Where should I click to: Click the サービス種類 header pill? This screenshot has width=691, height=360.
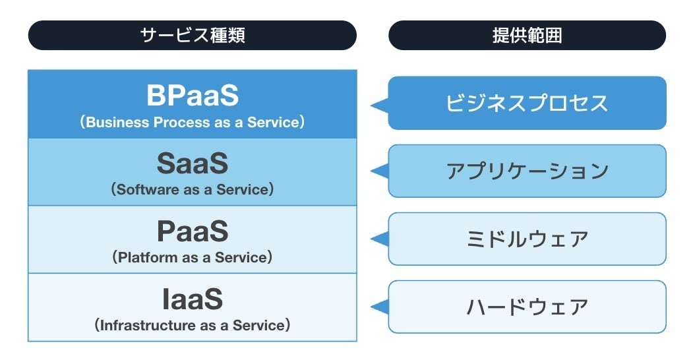coord(192,35)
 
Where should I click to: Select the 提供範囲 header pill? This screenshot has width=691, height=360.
coord(527,35)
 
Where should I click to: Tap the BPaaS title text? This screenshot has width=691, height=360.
coord(192,96)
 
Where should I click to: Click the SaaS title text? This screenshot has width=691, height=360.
coord(192,164)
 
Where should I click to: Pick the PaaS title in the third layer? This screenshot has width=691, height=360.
coord(192,231)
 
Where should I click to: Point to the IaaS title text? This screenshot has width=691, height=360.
coord(192,299)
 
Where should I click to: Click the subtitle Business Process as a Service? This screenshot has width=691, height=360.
coord(192,123)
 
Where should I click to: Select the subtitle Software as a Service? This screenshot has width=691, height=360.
coord(192,190)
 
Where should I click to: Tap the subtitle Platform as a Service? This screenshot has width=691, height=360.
coord(192,258)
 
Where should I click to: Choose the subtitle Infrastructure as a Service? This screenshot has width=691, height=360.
coord(192,325)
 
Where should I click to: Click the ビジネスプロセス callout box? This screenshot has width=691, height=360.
coord(527,104)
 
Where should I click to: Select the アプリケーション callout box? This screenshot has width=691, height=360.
coord(527,171)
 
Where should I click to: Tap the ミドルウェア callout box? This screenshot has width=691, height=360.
coord(527,239)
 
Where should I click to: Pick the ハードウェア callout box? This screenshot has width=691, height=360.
coord(527,307)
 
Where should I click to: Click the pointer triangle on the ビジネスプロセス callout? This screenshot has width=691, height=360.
coord(380,104)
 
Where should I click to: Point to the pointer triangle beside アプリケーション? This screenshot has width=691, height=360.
coord(380,171)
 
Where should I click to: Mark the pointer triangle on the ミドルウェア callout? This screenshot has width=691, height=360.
coord(380,239)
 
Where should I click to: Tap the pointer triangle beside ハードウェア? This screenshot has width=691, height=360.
coord(380,307)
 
